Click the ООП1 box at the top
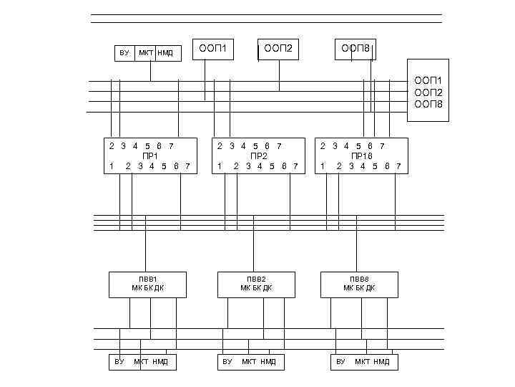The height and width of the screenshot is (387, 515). click(213, 49)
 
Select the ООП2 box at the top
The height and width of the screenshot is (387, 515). click(278, 49)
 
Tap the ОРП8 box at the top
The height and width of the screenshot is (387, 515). click(355, 49)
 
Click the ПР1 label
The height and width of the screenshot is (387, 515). click(150, 156)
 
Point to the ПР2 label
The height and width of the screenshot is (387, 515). click(258, 156)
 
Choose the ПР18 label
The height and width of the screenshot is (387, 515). click(361, 156)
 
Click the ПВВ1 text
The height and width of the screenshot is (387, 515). click(147, 279)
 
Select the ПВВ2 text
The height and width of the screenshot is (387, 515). click(256, 279)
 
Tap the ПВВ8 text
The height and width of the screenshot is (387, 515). click(359, 279)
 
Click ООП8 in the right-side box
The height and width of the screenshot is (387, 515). click(428, 105)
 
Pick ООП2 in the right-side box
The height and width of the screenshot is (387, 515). click(428, 92)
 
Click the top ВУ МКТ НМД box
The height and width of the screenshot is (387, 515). click(147, 53)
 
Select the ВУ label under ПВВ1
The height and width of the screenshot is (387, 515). click(119, 362)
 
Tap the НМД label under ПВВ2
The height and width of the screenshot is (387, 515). click(268, 362)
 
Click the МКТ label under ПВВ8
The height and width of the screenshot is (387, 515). click(362, 362)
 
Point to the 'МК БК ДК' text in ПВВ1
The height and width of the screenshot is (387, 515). click(147, 288)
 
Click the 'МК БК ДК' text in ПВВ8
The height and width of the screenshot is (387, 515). click(359, 288)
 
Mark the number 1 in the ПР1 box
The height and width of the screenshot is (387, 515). click(112, 166)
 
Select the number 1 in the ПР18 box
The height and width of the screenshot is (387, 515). click(323, 166)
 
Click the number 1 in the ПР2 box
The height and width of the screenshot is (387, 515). click(220, 166)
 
